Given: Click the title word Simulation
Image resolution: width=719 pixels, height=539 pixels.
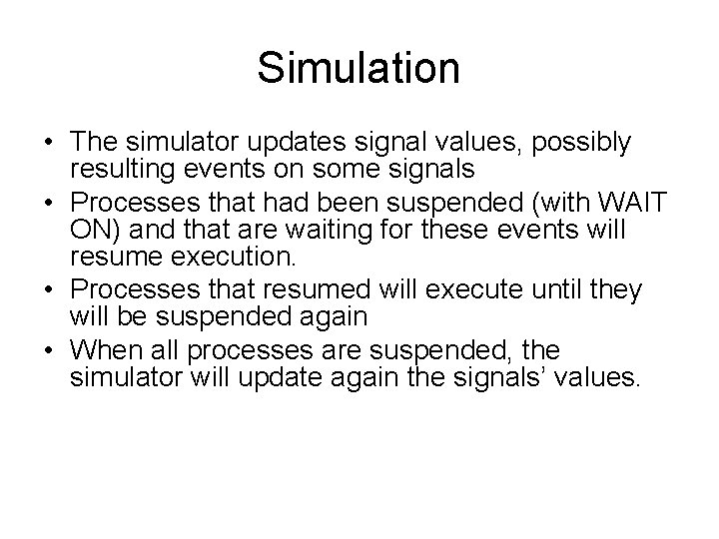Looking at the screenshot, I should coord(359,69).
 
